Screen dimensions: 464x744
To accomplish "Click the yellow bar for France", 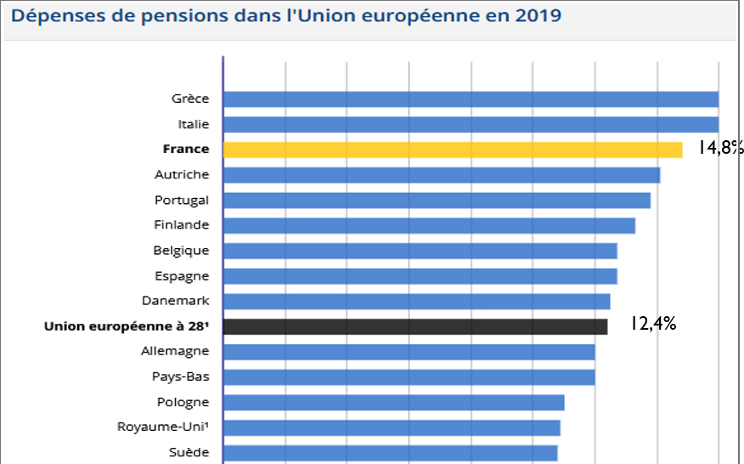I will [452, 150].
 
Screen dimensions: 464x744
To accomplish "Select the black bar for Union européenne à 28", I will [414, 327].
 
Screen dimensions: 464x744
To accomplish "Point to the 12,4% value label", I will [652, 323].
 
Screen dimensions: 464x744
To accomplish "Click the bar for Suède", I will [390, 453].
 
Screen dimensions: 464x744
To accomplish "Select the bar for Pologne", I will [393, 403].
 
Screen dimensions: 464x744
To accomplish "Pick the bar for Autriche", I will [441, 175].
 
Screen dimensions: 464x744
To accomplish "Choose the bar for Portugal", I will [437, 201].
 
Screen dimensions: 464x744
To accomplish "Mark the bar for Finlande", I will [429, 225].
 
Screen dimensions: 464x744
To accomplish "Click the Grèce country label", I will [190, 99].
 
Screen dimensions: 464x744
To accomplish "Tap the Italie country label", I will [194, 124].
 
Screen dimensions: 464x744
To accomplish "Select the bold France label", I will [186, 149].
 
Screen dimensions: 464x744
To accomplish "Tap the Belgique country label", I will [181, 251].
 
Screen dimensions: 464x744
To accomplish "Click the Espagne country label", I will [182, 276].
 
